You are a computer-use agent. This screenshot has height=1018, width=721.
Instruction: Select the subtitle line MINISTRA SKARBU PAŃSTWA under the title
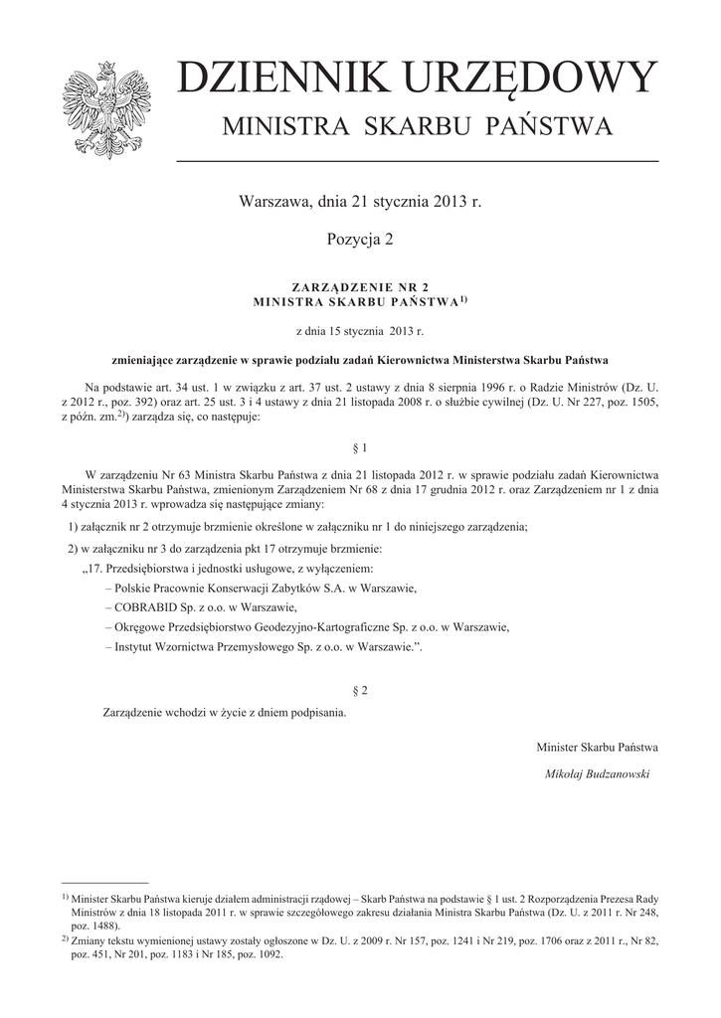coord(417,127)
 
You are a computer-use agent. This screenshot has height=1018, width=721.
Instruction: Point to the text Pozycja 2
coord(360,240)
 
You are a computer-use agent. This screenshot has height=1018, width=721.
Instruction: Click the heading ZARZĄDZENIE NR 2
coord(360,286)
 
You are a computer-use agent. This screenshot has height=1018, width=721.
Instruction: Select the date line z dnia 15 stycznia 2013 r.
coord(360,329)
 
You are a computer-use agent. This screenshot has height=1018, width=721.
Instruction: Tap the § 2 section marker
coord(361,689)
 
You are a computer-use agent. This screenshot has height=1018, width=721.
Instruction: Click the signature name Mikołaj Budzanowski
coord(597,774)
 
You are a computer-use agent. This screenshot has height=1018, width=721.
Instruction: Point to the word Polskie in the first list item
coord(135,589)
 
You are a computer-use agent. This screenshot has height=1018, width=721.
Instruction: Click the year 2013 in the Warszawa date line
coord(450,202)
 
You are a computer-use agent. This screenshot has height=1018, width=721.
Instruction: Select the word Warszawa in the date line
coord(272,202)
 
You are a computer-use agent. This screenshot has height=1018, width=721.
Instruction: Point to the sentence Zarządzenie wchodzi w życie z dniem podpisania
coord(225,713)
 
